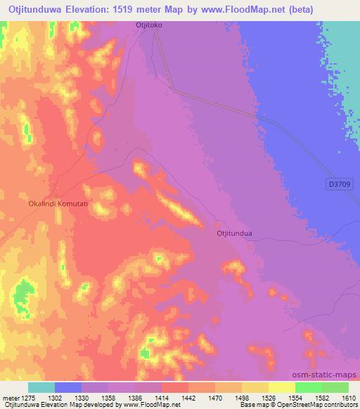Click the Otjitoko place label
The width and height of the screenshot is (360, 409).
[148, 25]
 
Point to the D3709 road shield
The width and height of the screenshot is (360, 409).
[340, 184]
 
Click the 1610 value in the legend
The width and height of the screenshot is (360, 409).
[349, 398]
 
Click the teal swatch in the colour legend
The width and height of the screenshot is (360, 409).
[41, 387]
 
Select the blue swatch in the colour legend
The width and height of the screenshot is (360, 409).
[68, 387]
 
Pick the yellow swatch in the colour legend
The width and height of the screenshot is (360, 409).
[281, 387]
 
